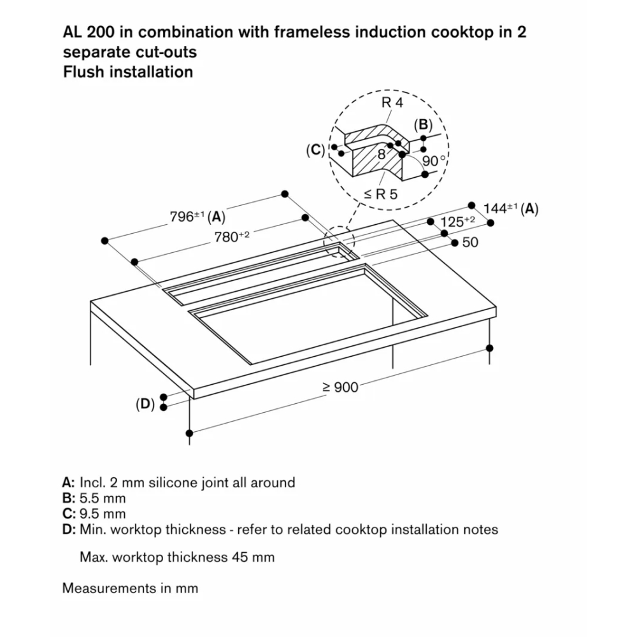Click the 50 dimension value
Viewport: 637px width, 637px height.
470,242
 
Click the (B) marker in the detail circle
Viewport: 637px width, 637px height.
423,124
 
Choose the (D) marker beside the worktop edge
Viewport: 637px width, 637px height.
145,404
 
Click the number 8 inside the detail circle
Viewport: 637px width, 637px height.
382,154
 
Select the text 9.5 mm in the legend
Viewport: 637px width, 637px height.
103,513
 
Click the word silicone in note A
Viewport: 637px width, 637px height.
173,482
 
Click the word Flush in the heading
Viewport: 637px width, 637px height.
84,71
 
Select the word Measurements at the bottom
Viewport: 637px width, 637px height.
110,587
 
